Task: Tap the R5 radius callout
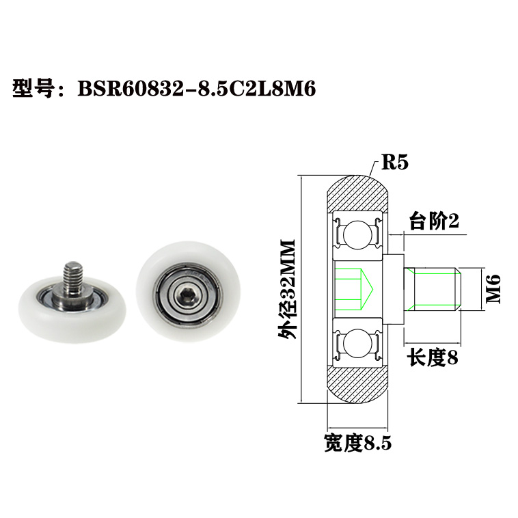(394, 163)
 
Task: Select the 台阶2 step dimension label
(433, 221)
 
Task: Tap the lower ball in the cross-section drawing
(357, 342)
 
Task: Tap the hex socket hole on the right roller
(184, 295)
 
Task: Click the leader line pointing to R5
(372, 168)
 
